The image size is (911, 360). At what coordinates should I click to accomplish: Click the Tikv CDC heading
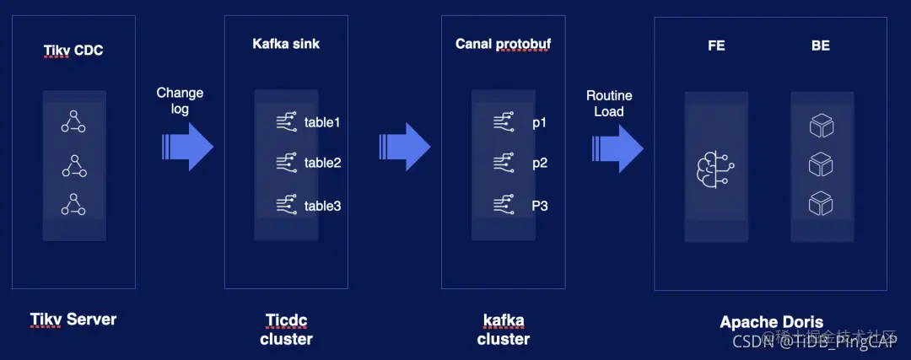73,51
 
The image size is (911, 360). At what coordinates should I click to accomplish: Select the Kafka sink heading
286,43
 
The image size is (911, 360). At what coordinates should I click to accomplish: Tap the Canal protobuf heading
503,43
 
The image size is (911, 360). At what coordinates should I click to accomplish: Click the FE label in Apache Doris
716,46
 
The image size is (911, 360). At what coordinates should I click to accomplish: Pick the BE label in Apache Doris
820,46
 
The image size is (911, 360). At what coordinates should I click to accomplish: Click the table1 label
322,123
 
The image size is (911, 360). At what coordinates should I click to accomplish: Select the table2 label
322,163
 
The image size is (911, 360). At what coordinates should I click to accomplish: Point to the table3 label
322,205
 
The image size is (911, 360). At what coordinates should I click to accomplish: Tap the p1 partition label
539,123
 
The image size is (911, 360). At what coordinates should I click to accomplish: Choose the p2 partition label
539,163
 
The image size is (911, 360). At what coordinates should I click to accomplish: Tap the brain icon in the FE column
715,165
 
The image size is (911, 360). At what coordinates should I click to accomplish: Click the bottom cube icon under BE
821,203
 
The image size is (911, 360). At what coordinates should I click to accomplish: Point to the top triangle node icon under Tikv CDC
73,123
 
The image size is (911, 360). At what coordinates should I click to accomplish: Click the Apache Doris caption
771,322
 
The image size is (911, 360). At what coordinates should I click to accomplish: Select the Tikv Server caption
73,320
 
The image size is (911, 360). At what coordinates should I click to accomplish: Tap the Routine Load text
609,103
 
